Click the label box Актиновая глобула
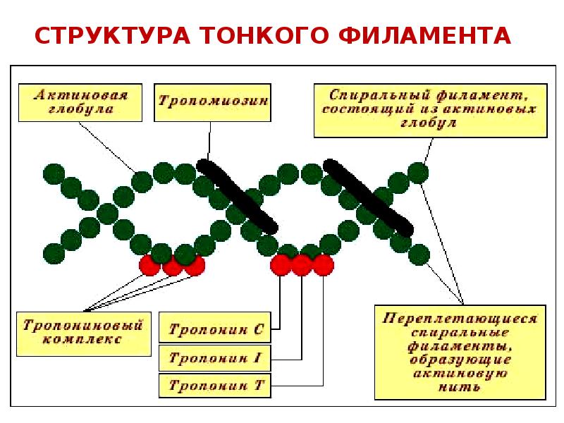tap(80, 102)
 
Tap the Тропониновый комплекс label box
tap(83, 333)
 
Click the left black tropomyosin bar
tap(237, 195)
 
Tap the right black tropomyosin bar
tap(367, 195)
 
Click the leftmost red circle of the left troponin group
tap(149, 265)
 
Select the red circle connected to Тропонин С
tap(281, 265)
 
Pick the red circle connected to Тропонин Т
tap(323, 265)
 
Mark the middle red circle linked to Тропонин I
tap(302, 265)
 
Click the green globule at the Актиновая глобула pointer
tap(142, 181)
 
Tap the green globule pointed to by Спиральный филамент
tap(417, 172)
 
